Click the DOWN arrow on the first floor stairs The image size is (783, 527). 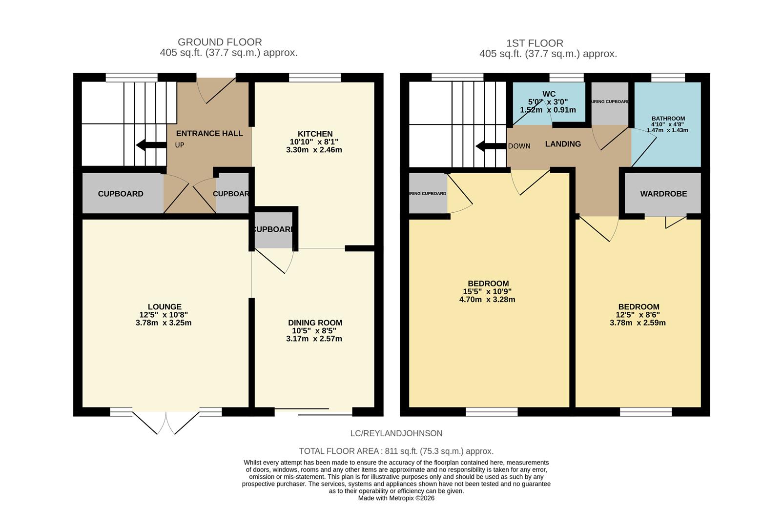[x=490, y=146]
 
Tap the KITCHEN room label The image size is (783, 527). [x=315, y=134]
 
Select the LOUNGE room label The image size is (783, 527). [x=165, y=307]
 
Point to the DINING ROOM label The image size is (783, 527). [x=315, y=323]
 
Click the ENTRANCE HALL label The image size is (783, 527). [x=209, y=133]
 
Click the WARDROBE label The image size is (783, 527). [x=663, y=194]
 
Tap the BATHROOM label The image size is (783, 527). [x=668, y=119]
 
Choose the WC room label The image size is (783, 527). [x=549, y=94]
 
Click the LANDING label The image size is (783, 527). [x=563, y=144]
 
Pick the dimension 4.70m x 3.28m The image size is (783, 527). [x=487, y=300]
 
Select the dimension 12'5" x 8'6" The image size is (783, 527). [x=638, y=315]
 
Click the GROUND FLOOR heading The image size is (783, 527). [x=220, y=42]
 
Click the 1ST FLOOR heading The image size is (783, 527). [x=535, y=43]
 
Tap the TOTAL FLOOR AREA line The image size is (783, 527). [x=396, y=451]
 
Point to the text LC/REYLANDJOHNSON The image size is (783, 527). [x=396, y=433]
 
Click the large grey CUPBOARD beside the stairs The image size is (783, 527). [x=121, y=194]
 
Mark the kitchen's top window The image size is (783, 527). [x=314, y=77]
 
